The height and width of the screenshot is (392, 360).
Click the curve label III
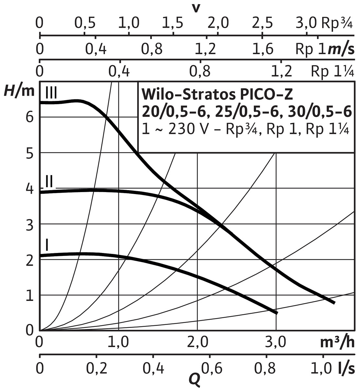[51, 93]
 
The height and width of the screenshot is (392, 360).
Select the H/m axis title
[19, 91]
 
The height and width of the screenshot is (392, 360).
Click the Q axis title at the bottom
[194, 379]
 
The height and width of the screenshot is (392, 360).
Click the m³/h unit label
[337, 342]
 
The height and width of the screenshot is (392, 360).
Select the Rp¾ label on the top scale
[338, 23]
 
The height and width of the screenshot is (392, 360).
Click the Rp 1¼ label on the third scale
[332, 71]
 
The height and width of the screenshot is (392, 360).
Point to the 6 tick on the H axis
[30, 117]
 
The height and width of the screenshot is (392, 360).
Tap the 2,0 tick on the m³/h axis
[198, 343]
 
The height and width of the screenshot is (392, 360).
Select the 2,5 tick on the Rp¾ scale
[263, 23]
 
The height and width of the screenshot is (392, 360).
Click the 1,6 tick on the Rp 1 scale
[263, 49]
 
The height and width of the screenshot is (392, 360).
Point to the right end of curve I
[277, 313]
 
